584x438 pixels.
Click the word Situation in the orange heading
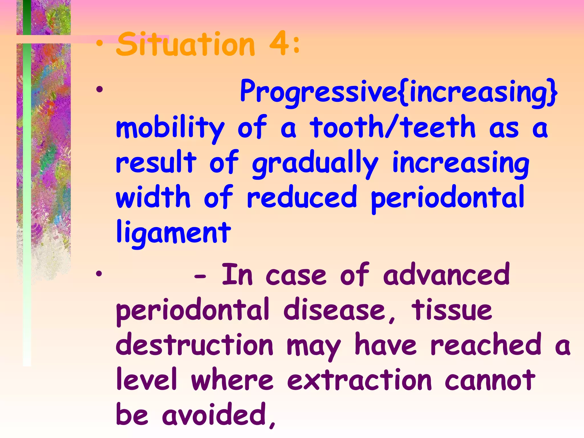(185, 44)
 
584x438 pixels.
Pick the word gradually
(315, 164)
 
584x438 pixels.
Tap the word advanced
(447, 274)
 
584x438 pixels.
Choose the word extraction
(359, 380)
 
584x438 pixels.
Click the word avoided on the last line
(218, 415)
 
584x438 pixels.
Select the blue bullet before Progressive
(99, 90)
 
